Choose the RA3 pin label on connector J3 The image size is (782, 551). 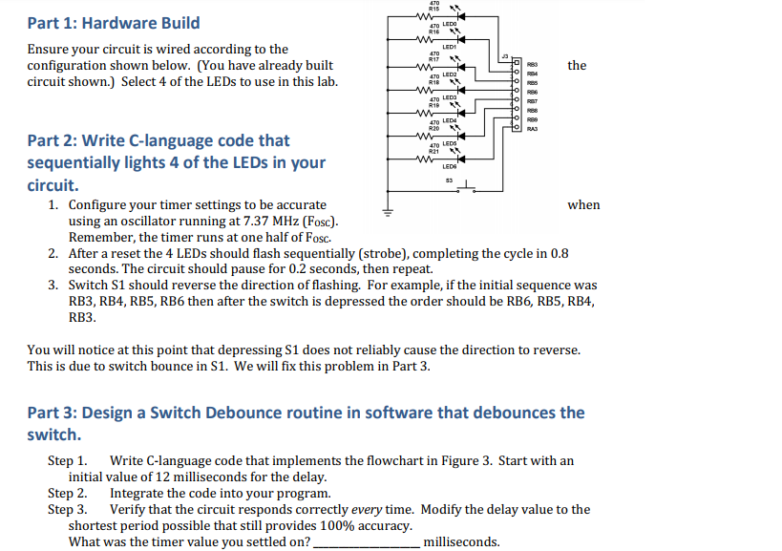click(x=533, y=129)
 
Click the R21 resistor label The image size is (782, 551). click(x=433, y=151)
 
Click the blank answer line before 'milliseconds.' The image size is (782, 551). click(x=366, y=542)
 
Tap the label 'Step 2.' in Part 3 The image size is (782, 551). click(x=68, y=493)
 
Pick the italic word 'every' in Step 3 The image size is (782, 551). click(x=368, y=509)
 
